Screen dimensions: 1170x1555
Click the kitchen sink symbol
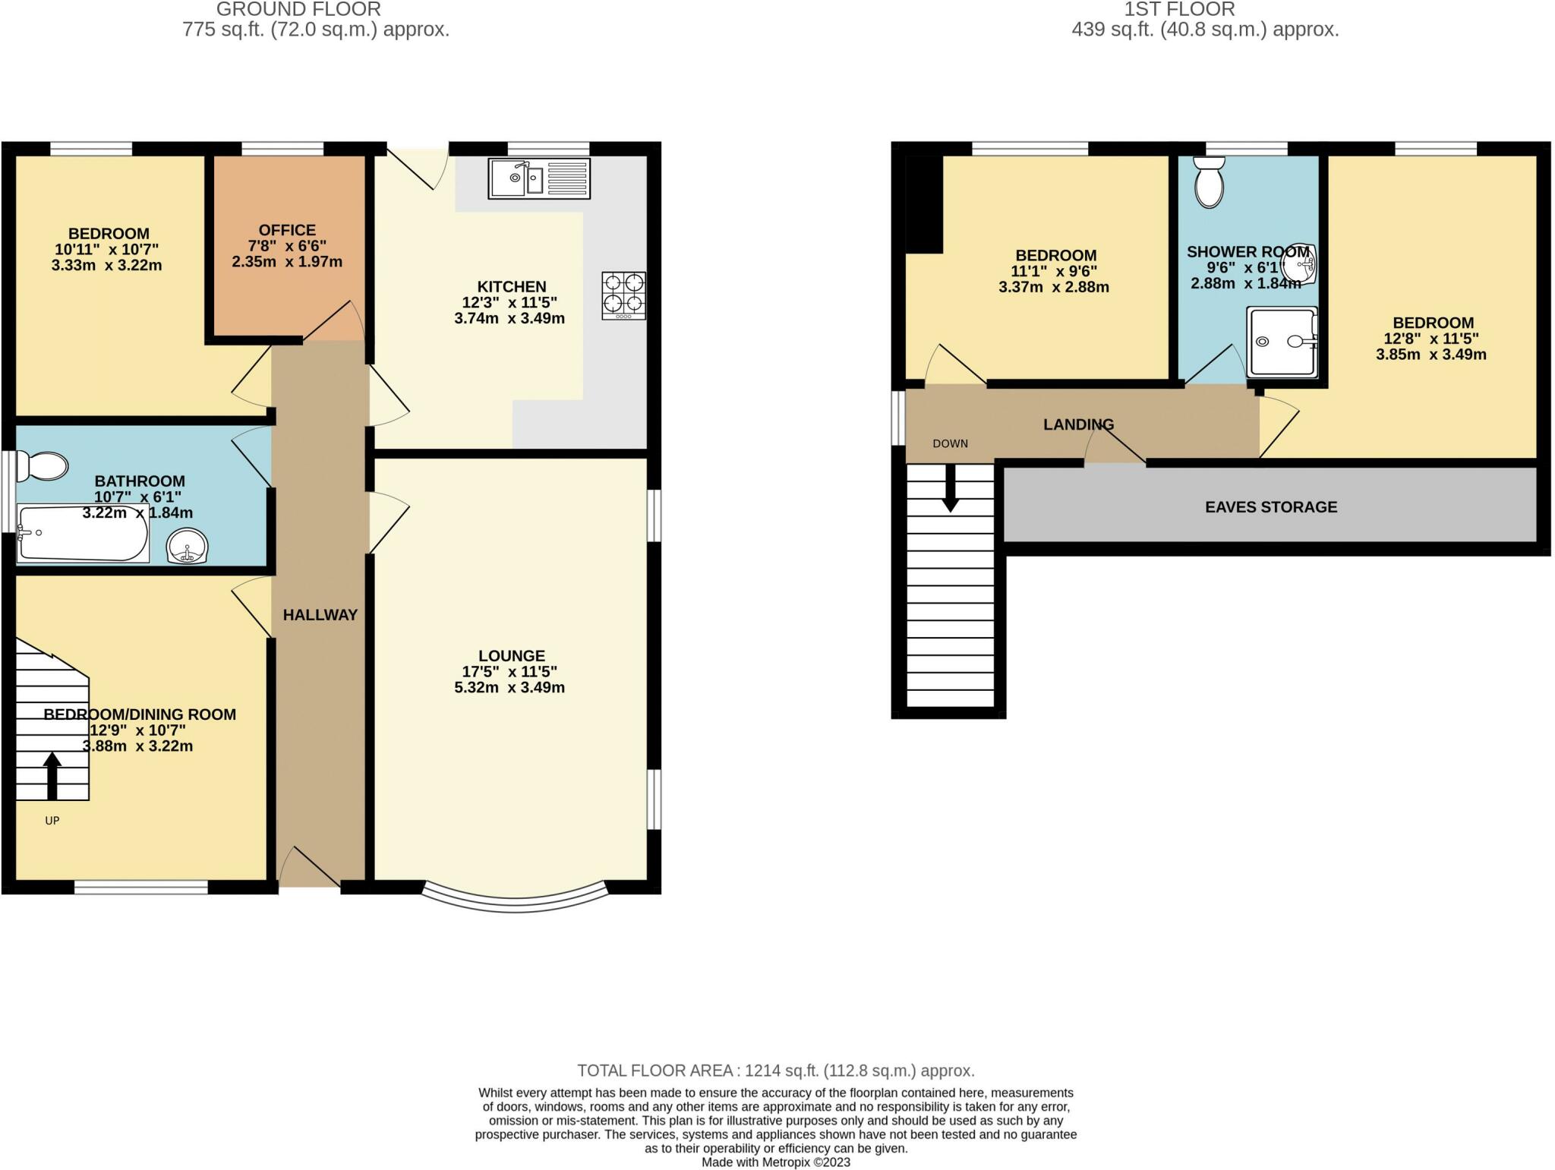click(538, 178)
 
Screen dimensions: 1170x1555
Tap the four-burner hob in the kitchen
click(624, 295)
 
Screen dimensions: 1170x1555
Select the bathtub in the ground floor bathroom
click(82, 535)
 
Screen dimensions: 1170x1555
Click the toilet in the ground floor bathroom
click(43, 466)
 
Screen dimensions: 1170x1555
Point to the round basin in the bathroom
click(186, 546)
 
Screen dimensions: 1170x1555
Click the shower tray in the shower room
click(1282, 342)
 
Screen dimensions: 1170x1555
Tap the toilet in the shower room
click(1209, 181)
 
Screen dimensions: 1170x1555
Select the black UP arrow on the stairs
click(52, 775)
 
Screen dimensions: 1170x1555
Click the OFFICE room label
click(287, 230)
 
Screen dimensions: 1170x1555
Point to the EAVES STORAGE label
click(1270, 507)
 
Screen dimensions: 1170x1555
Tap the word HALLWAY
click(320, 615)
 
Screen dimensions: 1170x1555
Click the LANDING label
click(1078, 424)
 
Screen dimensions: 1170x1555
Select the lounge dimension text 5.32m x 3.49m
click(509, 688)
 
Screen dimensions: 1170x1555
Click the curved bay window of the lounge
click(514, 903)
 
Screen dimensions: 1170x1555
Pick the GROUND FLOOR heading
click(298, 10)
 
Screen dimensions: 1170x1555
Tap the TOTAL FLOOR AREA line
click(775, 1071)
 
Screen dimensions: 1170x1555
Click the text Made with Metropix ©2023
click(775, 1162)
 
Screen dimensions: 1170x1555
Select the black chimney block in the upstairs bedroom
click(924, 203)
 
